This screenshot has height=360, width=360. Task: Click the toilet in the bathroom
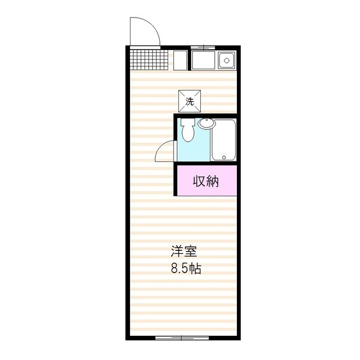188,132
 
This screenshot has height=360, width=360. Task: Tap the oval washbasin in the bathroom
205,124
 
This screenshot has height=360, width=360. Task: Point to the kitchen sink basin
226,60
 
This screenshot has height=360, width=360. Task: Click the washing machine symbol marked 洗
190,101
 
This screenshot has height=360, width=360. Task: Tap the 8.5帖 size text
186,268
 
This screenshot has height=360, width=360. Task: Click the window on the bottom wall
174,338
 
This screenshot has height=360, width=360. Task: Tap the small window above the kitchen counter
203,47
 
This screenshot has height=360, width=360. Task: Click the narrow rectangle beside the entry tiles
180,60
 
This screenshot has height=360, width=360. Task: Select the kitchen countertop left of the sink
203,60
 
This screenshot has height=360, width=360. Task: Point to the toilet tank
188,122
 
